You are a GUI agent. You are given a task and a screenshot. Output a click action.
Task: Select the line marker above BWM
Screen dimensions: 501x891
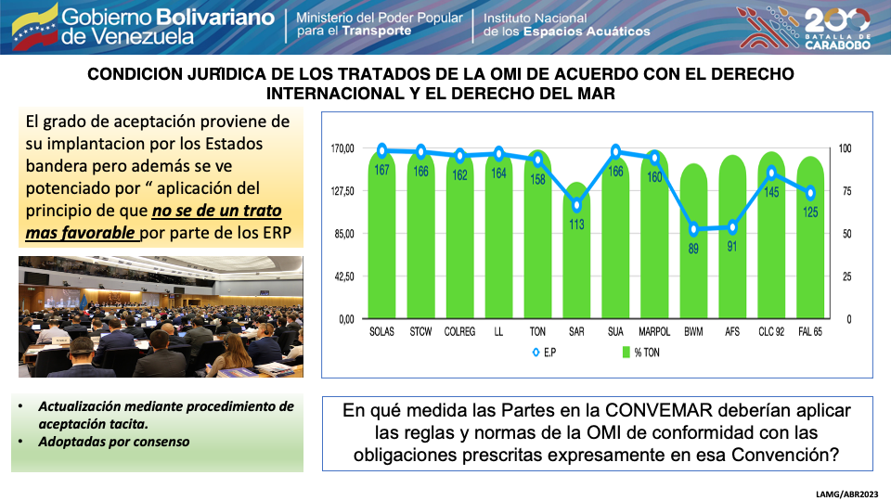(x=693, y=229)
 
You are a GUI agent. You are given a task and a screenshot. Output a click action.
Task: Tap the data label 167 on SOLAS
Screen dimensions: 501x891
(x=381, y=169)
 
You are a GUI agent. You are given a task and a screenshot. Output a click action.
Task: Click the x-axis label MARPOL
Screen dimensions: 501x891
(x=654, y=331)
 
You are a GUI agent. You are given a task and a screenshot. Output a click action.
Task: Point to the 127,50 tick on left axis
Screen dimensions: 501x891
(x=342, y=191)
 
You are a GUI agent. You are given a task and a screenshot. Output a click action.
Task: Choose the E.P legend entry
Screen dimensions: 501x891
(x=545, y=353)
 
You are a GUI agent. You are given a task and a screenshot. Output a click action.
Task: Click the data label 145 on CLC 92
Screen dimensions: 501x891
(x=771, y=191)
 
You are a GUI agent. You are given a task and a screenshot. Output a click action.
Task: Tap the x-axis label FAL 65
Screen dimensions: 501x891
(x=811, y=331)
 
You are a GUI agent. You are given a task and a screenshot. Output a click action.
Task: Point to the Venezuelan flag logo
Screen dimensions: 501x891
(x=32, y=26)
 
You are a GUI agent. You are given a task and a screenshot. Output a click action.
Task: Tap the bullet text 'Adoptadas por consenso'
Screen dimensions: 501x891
(x=113, y=442)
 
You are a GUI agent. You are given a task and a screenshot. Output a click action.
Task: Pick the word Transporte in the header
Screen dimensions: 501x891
(x=378, y=31)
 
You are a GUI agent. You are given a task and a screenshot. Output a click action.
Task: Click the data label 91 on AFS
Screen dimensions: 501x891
(x=732, y=246)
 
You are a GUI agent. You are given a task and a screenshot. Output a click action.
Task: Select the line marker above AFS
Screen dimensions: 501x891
(x=732, y=226)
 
